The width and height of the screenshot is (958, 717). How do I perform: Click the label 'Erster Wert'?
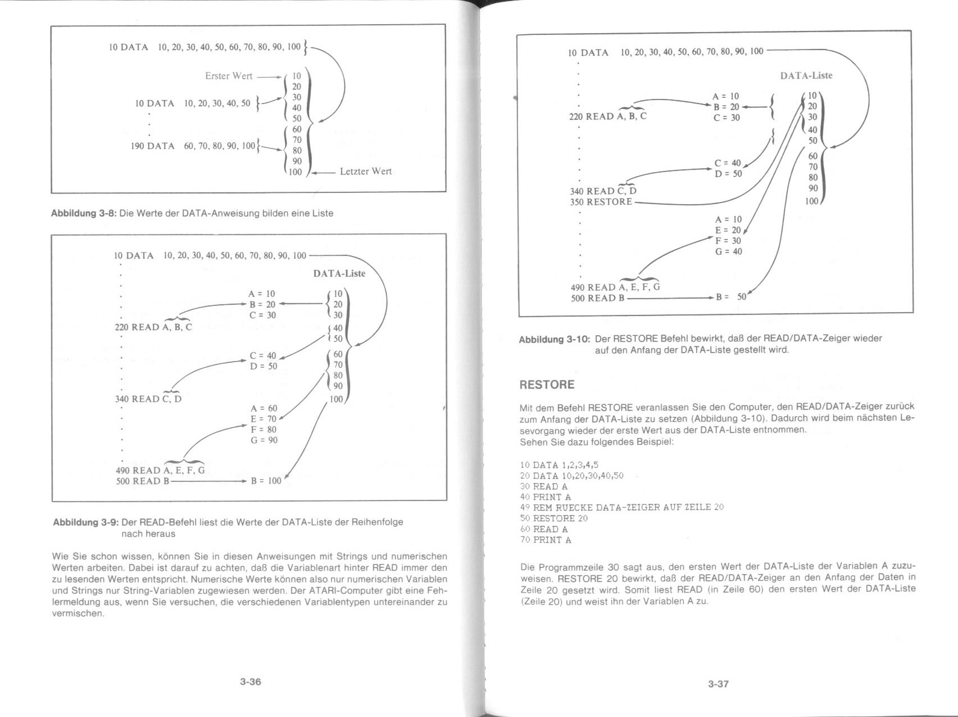coord(229,76)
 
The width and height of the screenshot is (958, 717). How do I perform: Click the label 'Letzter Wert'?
coord(366,172)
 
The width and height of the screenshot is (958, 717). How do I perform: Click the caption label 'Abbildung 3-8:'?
coord(84,214)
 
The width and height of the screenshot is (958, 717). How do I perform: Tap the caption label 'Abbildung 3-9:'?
coord(86,522)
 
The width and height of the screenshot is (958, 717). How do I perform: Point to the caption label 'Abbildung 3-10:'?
coord(554,339)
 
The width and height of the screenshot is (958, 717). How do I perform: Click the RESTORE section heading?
coord(547,385)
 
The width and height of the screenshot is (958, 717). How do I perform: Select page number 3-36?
coord(251,682)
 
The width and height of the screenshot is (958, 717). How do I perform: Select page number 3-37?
coord(718,684)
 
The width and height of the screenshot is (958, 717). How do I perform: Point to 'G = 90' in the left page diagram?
coord(264,440)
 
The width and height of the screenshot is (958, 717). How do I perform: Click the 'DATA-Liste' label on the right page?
coord(806,76)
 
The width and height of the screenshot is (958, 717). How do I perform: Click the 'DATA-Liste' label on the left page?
coord(339,274)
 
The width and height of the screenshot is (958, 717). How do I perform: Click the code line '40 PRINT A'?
coord(546,497)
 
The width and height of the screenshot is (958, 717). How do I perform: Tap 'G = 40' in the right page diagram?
coord(728,251)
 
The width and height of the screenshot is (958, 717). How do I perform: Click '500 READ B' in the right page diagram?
coord(597,298)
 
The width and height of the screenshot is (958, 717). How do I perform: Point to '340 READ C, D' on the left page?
coord(148,399)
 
